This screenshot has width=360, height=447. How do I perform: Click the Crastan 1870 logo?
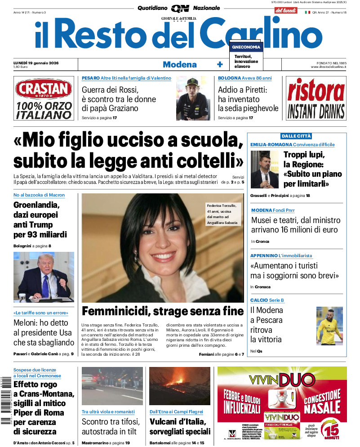(x=44, y=89)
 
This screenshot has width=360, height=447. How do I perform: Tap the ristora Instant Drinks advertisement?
(x=316, y=98)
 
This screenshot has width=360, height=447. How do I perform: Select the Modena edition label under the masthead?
(x=179, y=64)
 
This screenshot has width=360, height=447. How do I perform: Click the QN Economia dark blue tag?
(x=246, y=47)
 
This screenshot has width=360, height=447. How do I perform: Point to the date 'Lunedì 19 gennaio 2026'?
(x=40, y=63)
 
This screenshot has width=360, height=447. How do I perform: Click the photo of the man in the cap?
(x=193, y=98)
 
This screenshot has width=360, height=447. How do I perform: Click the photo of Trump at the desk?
(x=44, y=277)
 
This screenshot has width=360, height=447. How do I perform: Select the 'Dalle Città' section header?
(x=296, y=136)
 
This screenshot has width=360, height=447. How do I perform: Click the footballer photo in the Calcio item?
(x=329, y=326)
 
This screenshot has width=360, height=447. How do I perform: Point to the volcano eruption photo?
(x=179, y=386)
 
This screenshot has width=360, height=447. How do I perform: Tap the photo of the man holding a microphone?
(x=264, y=170)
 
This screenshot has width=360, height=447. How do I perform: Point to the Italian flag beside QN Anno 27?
(x=308, y=13)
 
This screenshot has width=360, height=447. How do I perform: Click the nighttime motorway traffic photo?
(x=112, y=386)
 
